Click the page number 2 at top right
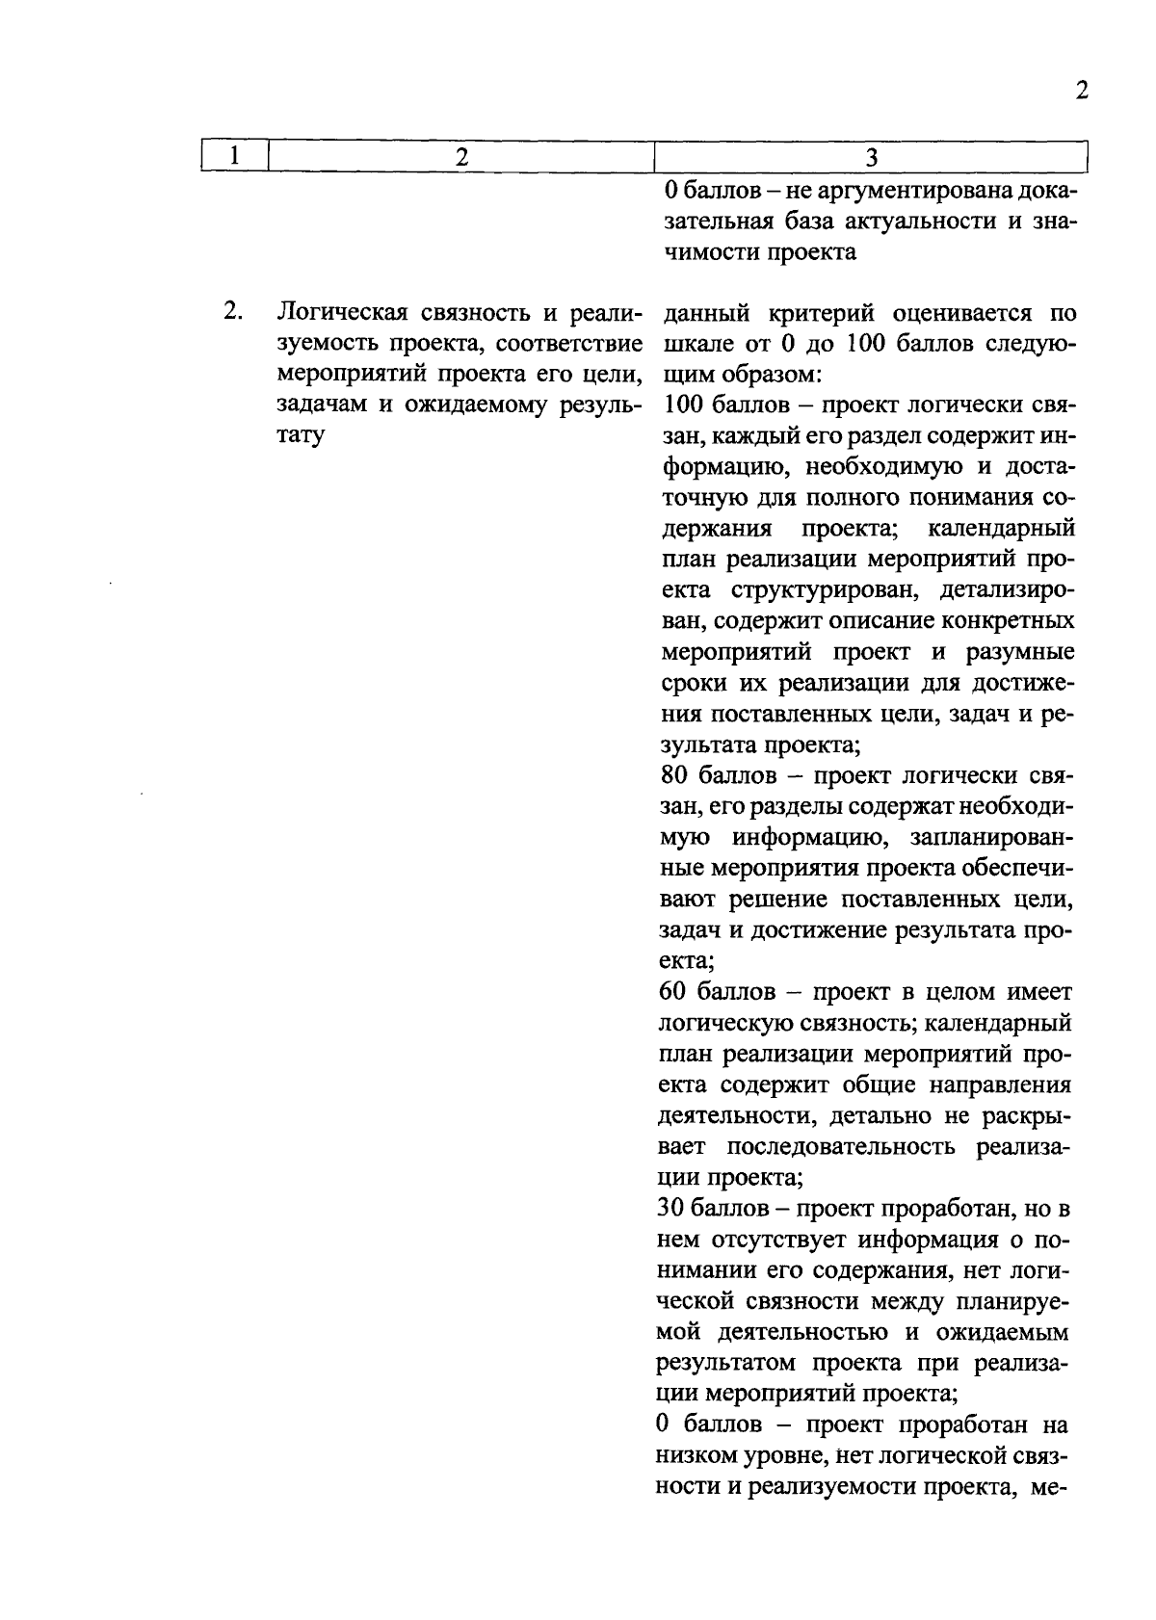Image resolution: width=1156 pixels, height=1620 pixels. (x=1082, y=91)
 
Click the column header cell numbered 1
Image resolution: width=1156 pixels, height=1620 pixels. (x=234, y=156)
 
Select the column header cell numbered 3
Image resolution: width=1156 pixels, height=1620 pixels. (x=871, y=157)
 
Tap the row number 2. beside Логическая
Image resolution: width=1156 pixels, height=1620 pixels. (x=232, y=312)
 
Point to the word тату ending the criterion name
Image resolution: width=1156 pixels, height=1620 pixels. (x=302, y=435)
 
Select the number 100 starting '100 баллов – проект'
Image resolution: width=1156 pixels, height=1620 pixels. (x=683, y=405)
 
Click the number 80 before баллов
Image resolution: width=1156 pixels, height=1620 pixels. (x=675, y=775)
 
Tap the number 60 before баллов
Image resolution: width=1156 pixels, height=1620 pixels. (x=675, y=991)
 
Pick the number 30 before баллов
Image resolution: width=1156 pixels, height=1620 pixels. (x=675, y=1208)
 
